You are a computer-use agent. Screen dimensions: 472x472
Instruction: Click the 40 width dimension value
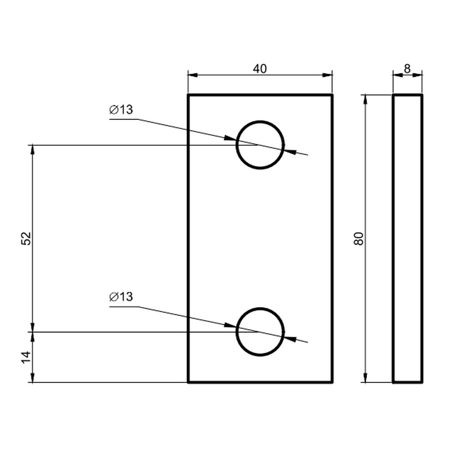click(x=260, y=69)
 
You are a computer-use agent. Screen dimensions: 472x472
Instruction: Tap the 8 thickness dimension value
click(x=407, y=69)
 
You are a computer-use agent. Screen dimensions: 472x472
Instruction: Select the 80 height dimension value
click(x=359, y=239)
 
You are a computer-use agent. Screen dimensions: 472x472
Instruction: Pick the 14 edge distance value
click(x=26, y=357)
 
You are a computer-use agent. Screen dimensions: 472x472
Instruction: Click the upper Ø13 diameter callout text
click(x=121, y=110)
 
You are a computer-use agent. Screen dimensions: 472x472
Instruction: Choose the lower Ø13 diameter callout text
click(x=121, y=297)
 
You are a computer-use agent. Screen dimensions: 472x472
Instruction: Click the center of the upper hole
click(x=260, y=145)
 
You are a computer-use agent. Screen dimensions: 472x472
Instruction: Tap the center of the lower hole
click(x=260, y=332)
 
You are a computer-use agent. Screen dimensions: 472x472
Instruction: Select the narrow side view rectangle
click(x=393, y=238)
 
